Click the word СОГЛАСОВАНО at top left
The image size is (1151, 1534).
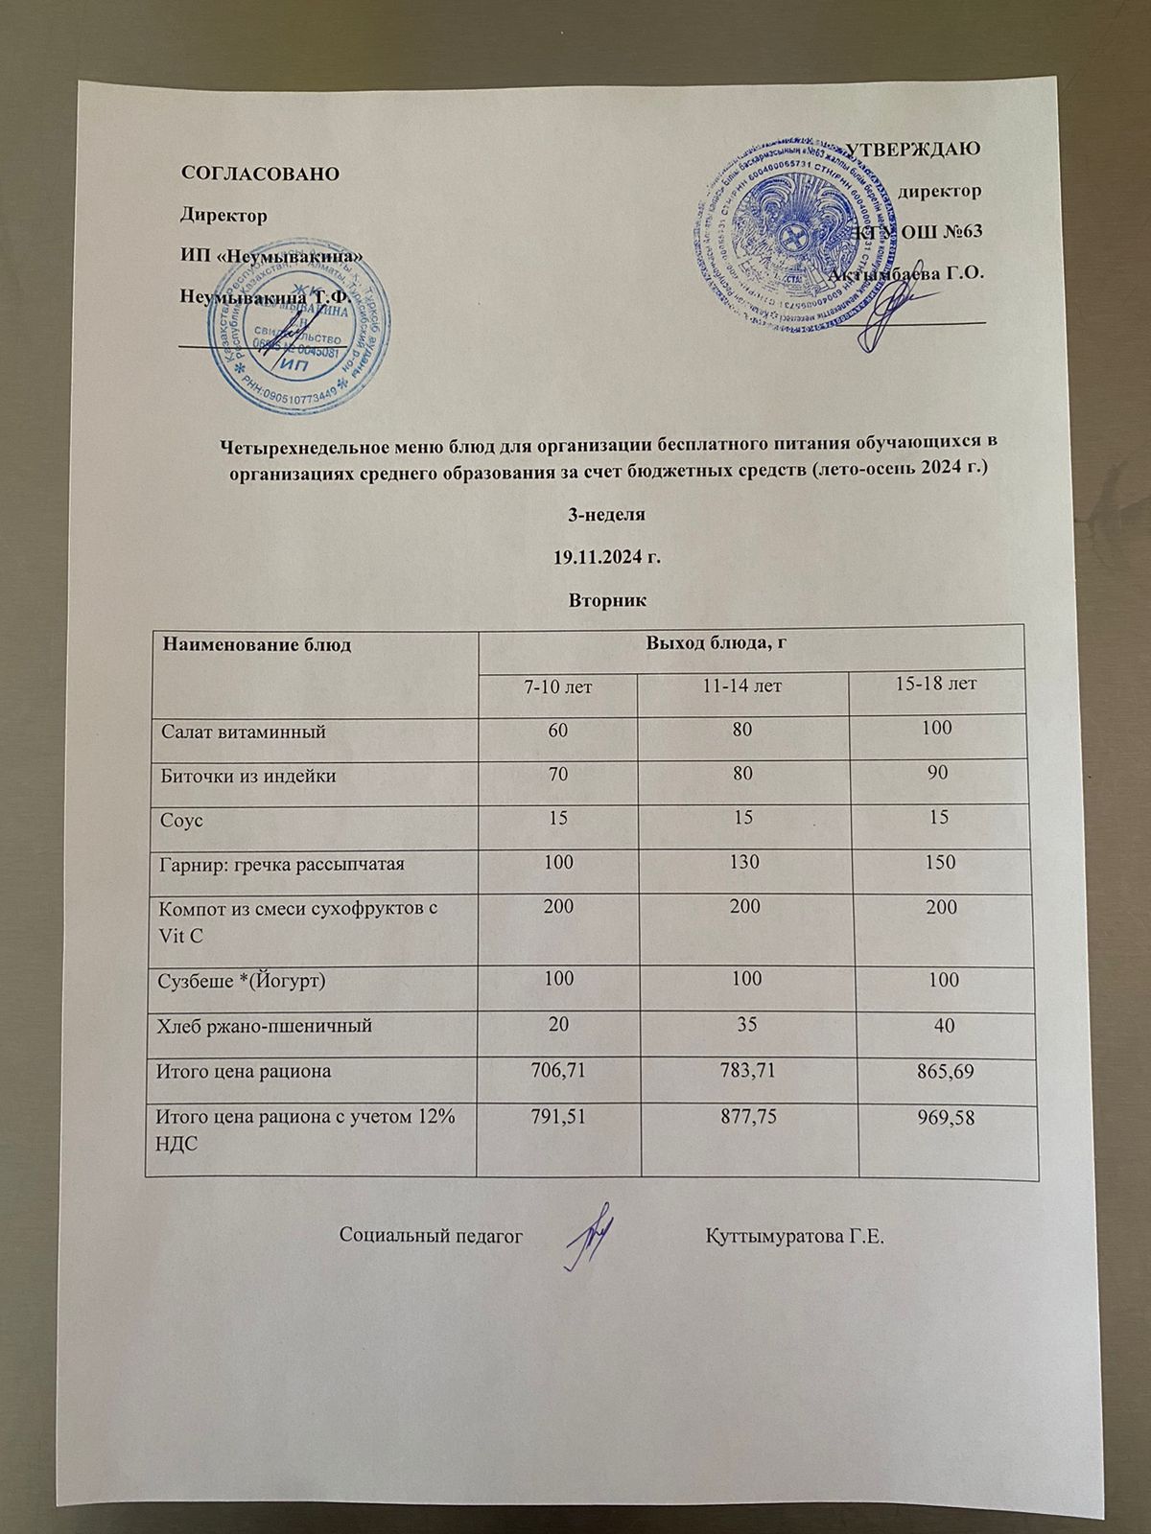pyautogui.click(x=261, y=174)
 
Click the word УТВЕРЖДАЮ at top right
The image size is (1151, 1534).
pyautogui.click(x=913, y=149)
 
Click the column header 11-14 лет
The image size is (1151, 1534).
pyautogui.click(x=743, y=686)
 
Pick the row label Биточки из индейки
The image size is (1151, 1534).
pyautogui.click(x=247, y=776)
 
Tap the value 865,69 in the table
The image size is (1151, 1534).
pyautogui.click(x=945, y=1073)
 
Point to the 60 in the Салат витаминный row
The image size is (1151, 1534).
pyautogui.click(x=557, y=731)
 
